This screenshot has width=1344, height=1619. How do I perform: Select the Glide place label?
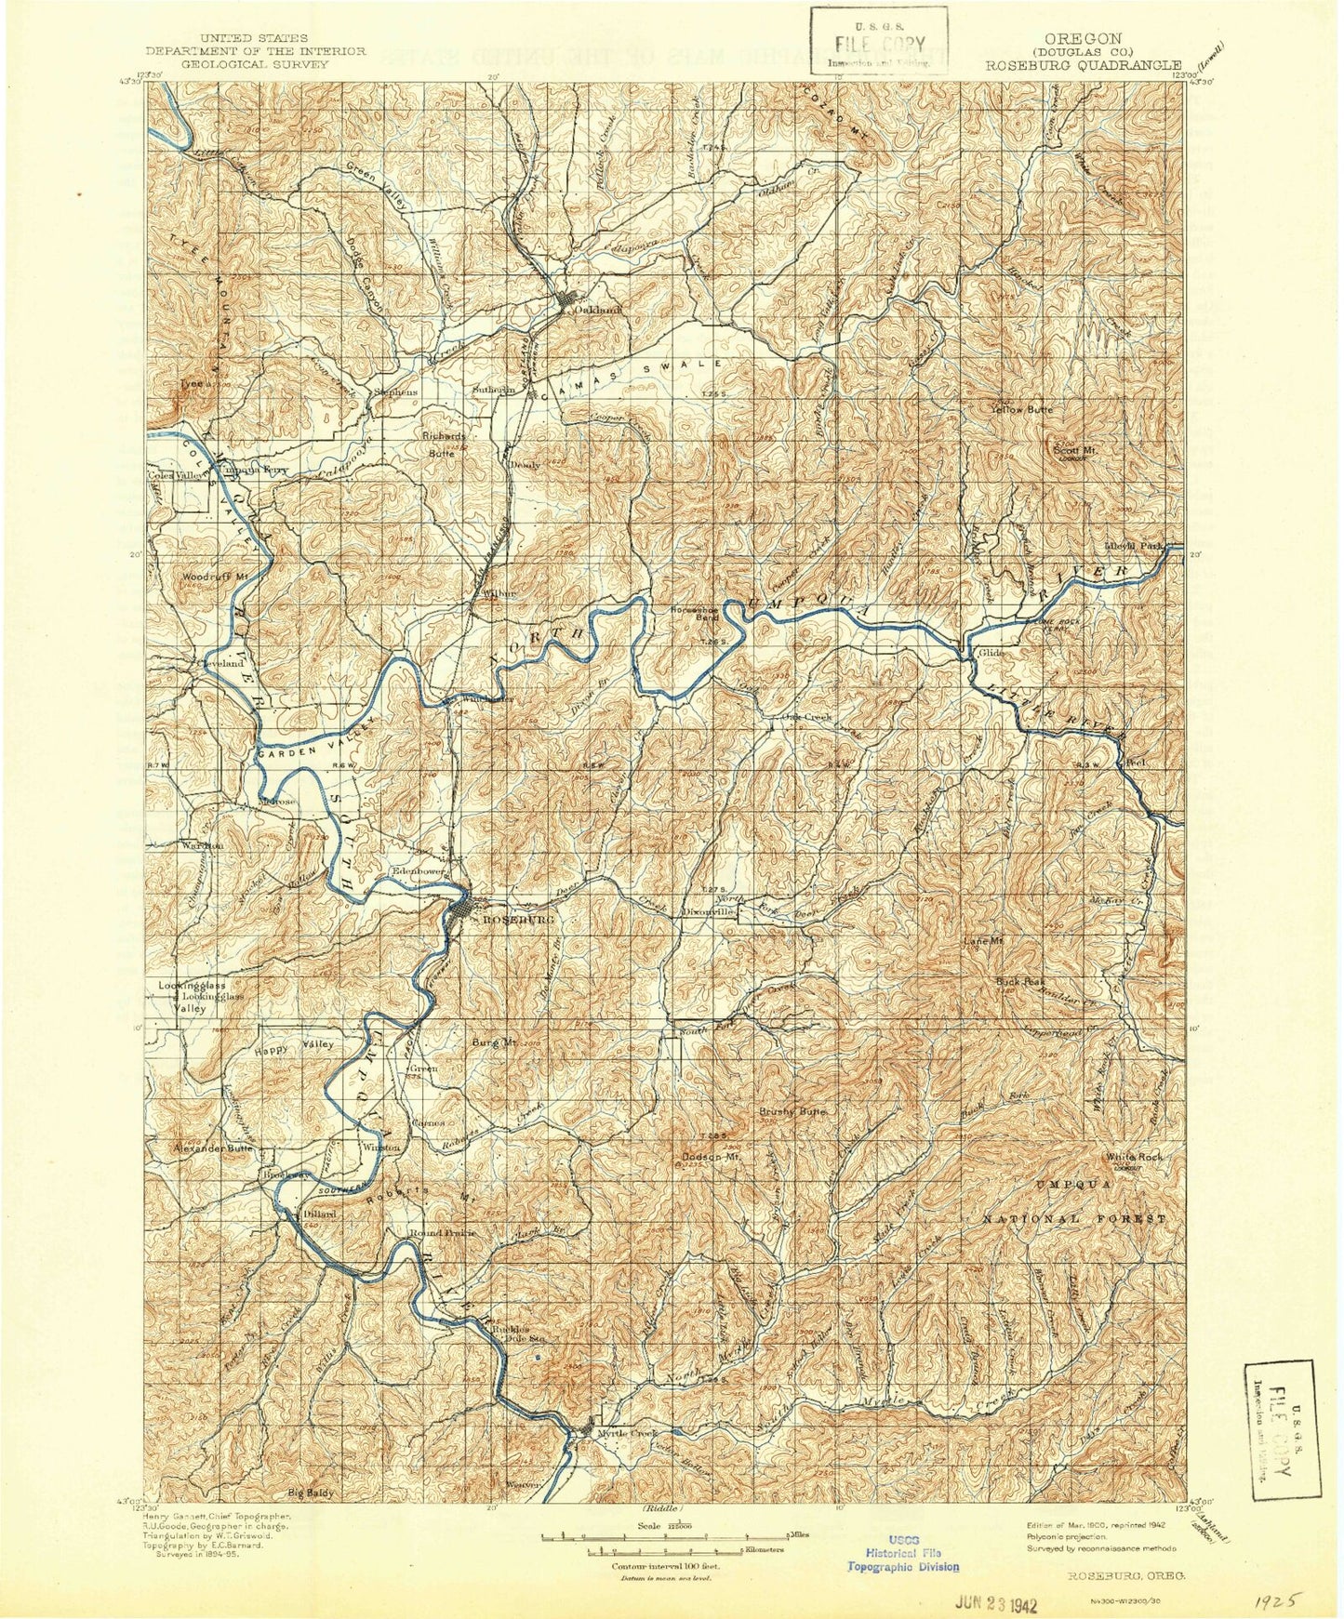[991, 653]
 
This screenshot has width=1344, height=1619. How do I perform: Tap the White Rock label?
[1134, 1157]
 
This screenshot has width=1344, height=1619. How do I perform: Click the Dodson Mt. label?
[711, 1158]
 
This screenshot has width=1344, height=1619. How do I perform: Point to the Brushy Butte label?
[792, 1112]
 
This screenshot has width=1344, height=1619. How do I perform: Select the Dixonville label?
[711, 912]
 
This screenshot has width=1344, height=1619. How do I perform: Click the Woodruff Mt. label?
[215, 577]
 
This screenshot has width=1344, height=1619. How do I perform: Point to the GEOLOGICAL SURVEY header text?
[255, 65]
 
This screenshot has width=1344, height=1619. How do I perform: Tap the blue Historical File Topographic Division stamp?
[902, 1554]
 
